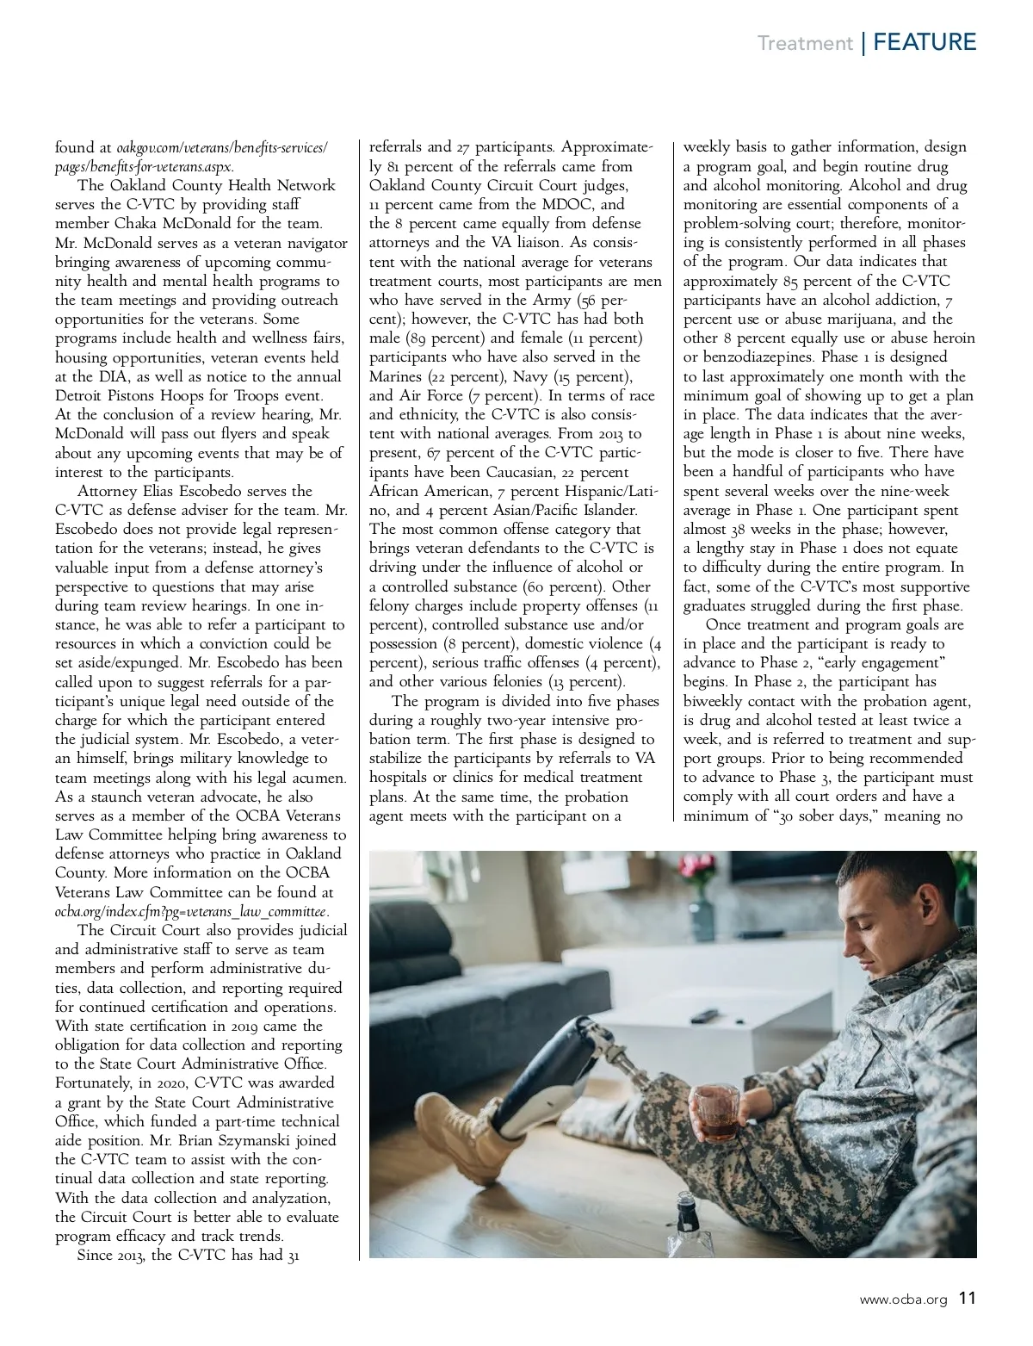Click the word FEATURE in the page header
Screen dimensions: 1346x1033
click(925, 42)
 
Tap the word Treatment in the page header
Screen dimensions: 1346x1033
click(804, 43)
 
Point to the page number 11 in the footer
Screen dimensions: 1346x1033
click(968, 1298)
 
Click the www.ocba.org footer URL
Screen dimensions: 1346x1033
click(904, 1299)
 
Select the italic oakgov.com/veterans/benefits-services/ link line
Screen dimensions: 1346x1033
click(191, 147)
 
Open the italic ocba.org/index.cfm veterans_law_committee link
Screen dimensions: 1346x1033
click(191, 911)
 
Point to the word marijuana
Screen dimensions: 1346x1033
click(827, 319)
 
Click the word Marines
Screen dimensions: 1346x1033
click(396, 376)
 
